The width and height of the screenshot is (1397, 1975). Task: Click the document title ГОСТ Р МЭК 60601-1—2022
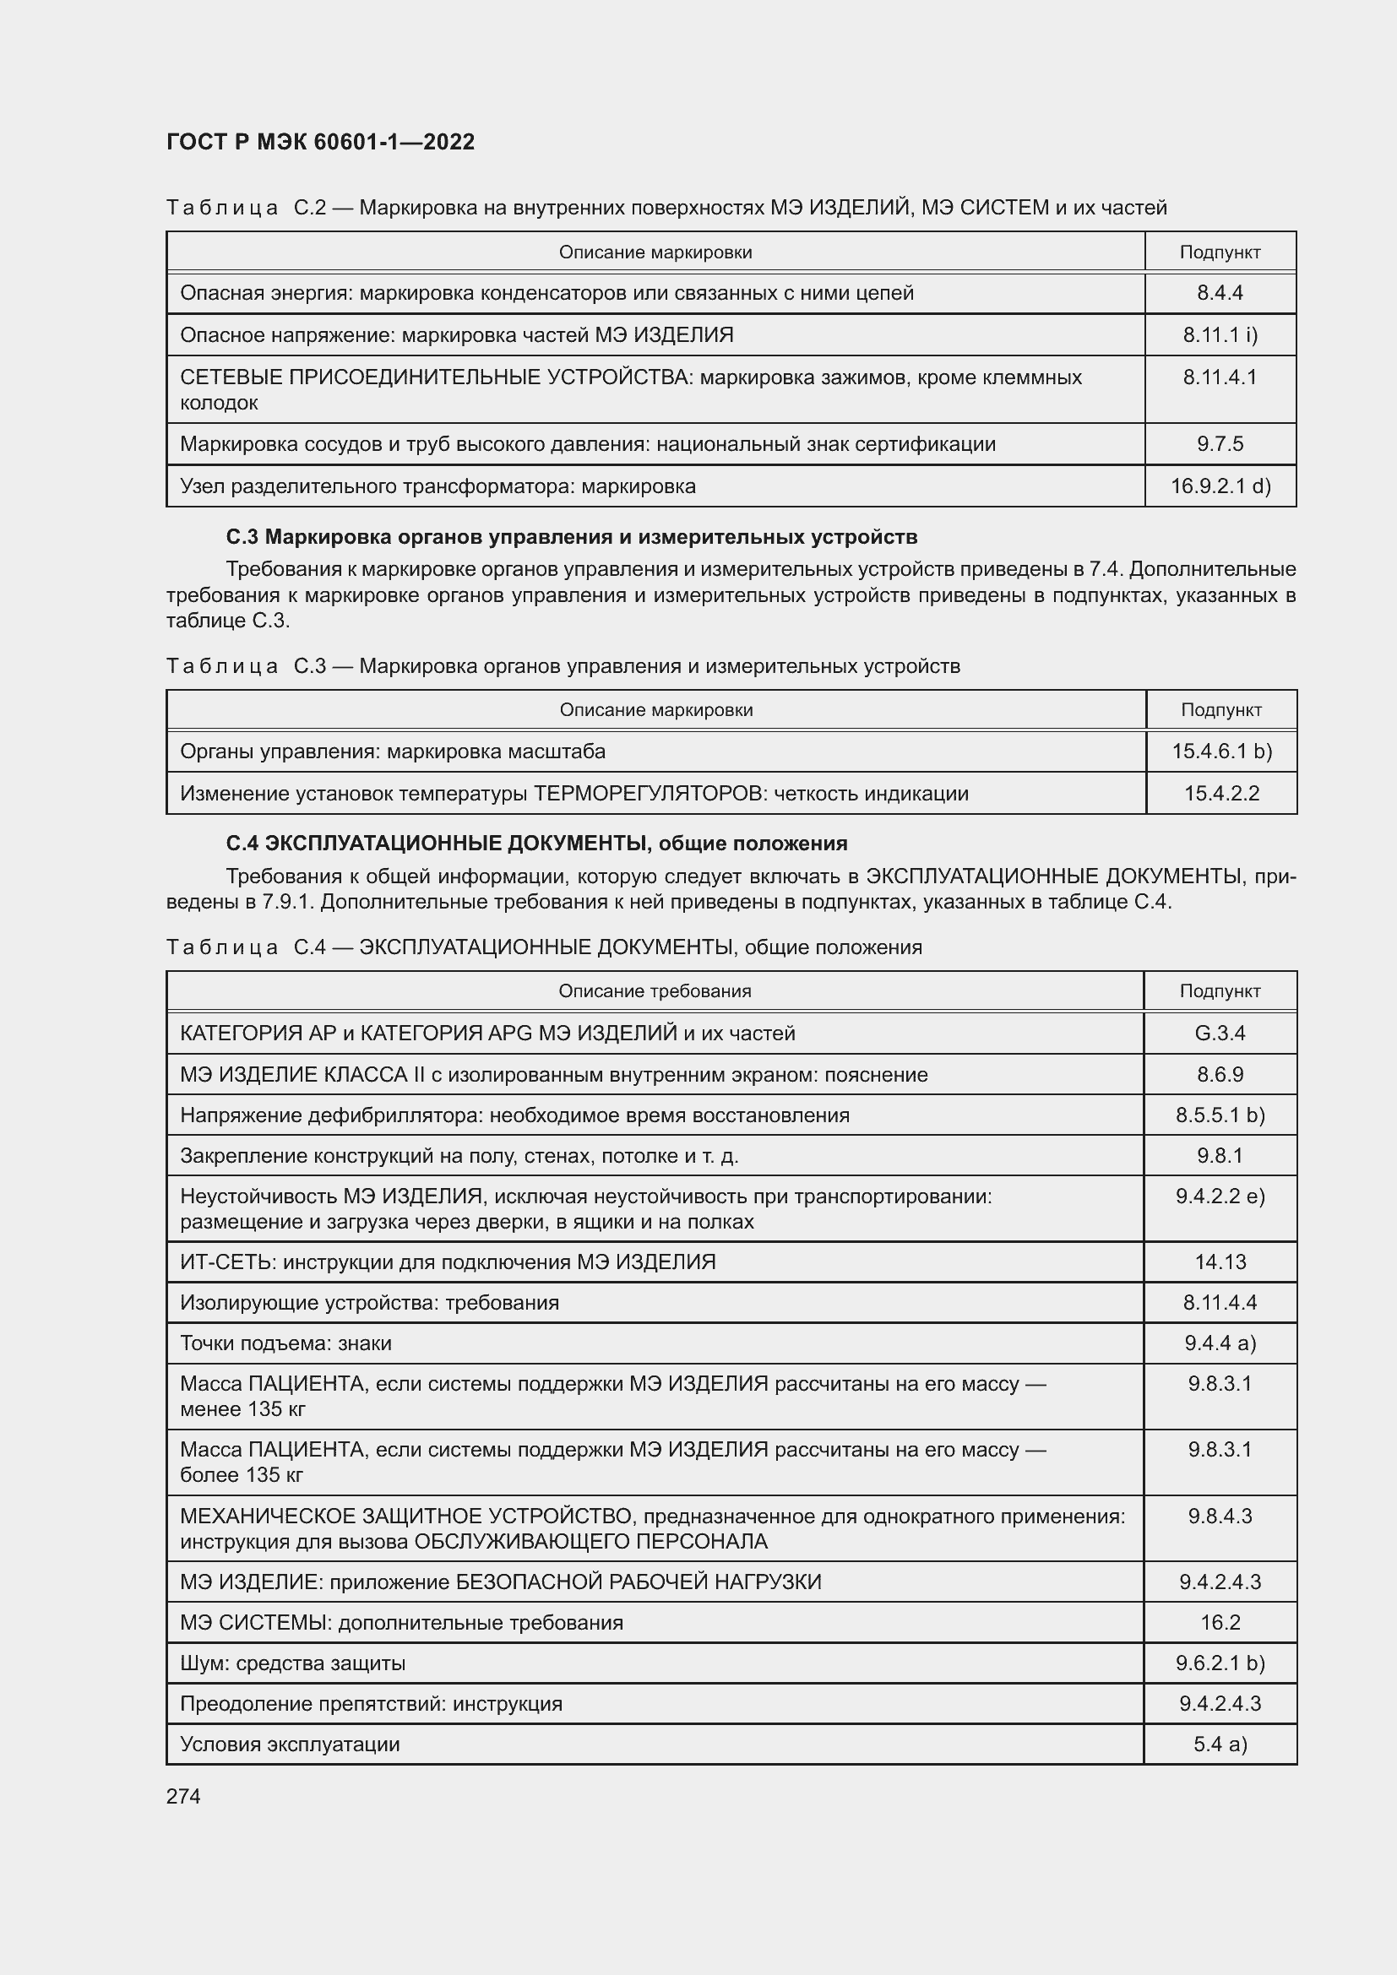pos(320,142)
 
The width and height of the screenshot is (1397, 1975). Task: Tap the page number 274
pos(183,1796)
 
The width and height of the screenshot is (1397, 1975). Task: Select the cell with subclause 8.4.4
pos(1219,293)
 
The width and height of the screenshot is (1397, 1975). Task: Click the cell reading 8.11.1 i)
pos(1219,334)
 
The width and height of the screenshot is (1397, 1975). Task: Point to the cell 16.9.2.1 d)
pos(1219,486)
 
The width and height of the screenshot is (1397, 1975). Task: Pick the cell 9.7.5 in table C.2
pos(1219,444)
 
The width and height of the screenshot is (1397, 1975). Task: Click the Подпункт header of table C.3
pos(1220,709)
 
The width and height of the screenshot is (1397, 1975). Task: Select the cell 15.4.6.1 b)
pos(1220,751)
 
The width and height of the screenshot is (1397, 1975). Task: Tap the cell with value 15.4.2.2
pos(1220,793)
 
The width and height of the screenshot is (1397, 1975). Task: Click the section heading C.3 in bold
pos(571,537)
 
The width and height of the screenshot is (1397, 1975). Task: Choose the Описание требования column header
pos(655,991)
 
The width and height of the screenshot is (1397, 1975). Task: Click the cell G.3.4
pos(1219,1033)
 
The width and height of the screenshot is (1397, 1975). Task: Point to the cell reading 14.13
pos(1219,1262)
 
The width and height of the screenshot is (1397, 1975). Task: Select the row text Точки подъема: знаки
pos(285,1343)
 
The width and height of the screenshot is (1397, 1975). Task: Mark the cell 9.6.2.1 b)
pos(1219,1663)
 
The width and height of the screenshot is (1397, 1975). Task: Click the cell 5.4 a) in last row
pos(1219,1744)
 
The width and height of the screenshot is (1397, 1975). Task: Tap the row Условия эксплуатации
pos(290,1744)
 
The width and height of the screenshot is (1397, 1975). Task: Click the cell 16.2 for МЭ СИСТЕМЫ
pos(1219,1622)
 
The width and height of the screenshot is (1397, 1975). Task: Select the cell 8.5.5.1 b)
pos(1219,1115)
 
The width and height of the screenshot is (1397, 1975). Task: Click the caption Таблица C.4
pos(543,947)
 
